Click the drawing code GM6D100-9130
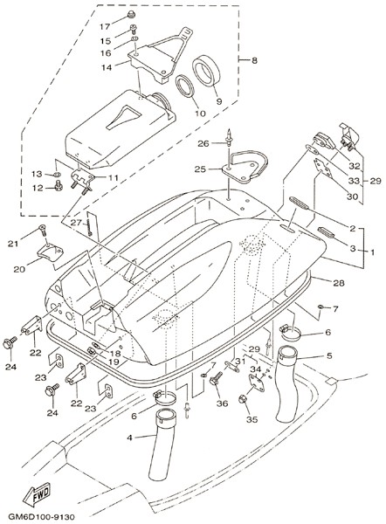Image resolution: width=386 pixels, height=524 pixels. pyautogui.click(x=41, y=517)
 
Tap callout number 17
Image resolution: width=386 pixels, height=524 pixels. pyautogui.click(x=106, y=26)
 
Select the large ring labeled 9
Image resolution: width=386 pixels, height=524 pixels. pyautogui.click(x=207, y=71)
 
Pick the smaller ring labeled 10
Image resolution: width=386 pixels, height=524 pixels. pyautogui.click(x=185, y=86)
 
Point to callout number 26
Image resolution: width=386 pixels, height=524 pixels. pyautogui.click(x=203, y=143)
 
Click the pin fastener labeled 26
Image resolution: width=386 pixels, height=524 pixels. pyautogui.click(x=230, y=137)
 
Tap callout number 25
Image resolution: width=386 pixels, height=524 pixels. pyautogui.click(x=200, y=169)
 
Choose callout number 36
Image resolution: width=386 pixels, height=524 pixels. pyautogui.click(x=222, y=403)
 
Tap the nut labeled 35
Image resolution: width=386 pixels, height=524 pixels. pyautogui.click(x=242, y=399)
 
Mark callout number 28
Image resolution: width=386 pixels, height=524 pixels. pyautogui.click(x=338, y=283)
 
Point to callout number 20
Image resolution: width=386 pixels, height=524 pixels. pyautogui.click(x=19, y=269)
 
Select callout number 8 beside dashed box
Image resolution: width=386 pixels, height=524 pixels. pyautogui.click(x=254, y=60)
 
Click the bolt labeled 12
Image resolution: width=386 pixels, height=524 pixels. pyautogui.click(x=59, y=185)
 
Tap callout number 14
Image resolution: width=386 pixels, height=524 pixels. pyautogui.click(x=107, y=67)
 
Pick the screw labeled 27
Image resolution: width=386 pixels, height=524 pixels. pyautogui.click(x=89, y=228)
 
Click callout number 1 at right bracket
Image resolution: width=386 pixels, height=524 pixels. pyautogui.click(x=372, y=252)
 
